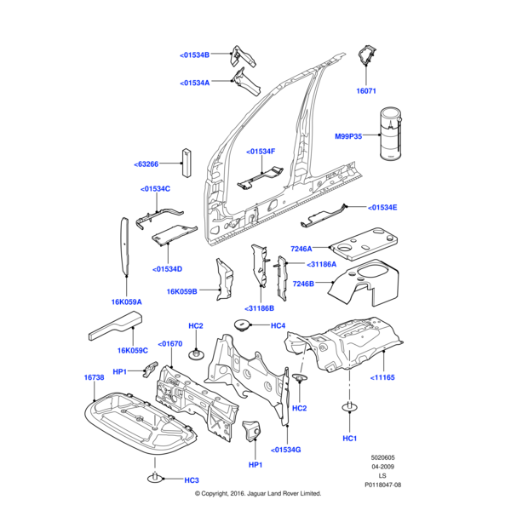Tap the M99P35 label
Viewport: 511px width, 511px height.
348,136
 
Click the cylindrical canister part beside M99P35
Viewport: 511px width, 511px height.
391,134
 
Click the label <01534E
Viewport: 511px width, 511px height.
382,207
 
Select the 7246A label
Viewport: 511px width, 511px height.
301,249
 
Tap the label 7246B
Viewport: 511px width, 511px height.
304,284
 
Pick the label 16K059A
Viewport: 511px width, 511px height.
126,301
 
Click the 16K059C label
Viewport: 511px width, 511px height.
133,350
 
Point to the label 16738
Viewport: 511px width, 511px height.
94,377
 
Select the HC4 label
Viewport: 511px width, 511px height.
278,325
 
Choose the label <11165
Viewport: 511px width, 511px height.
382,376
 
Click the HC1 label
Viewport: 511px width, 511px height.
349,438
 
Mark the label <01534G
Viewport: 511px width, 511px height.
286,449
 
